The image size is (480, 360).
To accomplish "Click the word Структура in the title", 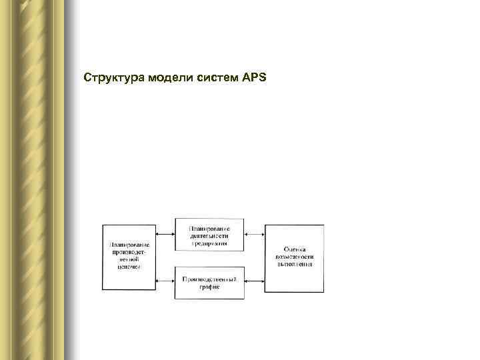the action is pos(111,78).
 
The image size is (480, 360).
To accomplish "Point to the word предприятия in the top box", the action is pos(209,243).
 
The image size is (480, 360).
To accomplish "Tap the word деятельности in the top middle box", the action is pos(209,236).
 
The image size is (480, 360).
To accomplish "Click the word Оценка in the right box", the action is pos(294,249).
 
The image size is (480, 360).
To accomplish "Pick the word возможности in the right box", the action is pos(294,257).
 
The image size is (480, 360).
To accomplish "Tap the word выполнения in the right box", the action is pos(294,264).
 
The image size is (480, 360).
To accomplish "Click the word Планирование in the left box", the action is pos(131,244).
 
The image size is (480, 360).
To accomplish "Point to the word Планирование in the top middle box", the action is pos(209,229).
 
